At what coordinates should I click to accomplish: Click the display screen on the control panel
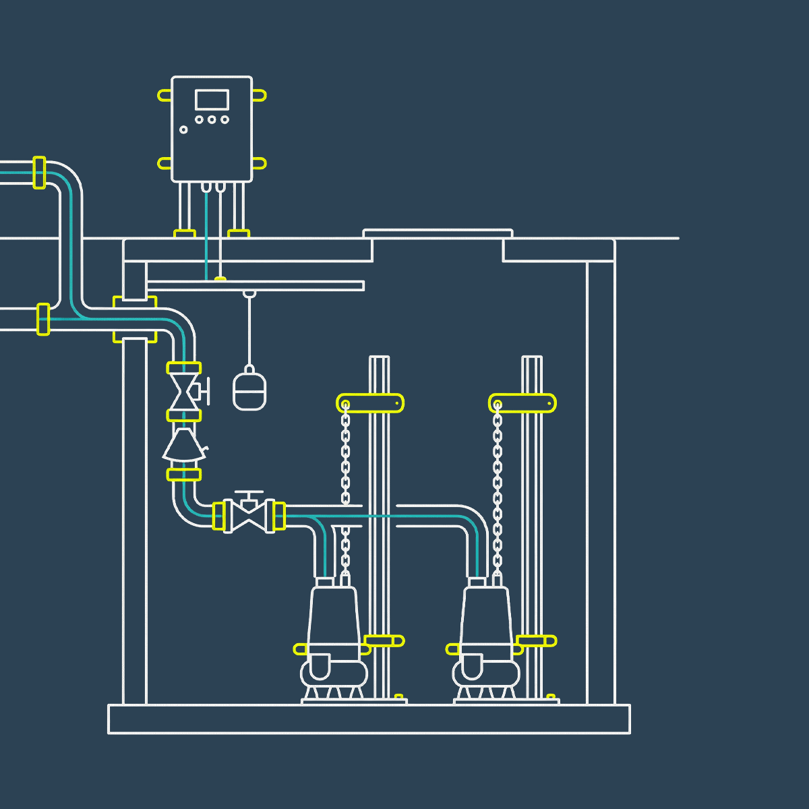212,100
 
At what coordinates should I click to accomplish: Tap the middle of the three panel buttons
212,120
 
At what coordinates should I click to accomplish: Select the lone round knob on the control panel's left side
183,129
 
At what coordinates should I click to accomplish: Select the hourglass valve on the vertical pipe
183,392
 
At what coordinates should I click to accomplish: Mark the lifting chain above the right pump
498,472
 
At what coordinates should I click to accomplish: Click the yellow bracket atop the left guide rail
370,403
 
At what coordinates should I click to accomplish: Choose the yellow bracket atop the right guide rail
522,403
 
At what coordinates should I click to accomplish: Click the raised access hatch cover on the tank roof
438,234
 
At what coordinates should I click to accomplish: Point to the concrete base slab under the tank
369,719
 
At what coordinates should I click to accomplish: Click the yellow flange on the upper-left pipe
39,173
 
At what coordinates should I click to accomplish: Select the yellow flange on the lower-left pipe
43,319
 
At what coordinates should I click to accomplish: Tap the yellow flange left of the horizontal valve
218,516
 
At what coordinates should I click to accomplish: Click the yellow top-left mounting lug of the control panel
164,95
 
